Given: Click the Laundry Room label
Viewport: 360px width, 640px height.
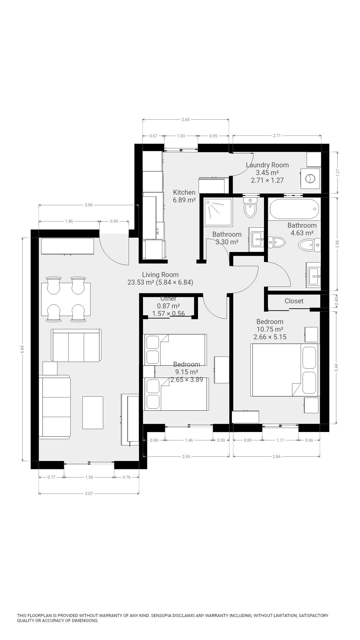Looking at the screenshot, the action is pos(267,165).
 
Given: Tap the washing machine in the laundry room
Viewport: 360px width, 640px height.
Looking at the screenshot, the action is pos(310,179).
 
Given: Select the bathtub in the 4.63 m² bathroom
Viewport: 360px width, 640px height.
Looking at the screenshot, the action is pos(294,209).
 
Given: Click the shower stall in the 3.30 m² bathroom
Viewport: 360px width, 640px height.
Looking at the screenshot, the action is pos(218,212).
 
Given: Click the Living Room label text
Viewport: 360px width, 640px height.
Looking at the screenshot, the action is pos(160,275).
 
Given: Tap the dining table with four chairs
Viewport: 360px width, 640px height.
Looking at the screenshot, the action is pos(66,299).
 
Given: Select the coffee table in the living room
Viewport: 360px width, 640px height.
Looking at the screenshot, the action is pos(93,412).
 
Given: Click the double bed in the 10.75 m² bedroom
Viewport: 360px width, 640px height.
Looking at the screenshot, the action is pos(285,370).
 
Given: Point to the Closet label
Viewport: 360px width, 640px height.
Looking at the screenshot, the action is pos(294,301).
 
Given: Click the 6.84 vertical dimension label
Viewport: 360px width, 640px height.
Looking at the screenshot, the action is pos(22,349).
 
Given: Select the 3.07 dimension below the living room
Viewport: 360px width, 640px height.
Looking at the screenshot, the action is pos(89,493).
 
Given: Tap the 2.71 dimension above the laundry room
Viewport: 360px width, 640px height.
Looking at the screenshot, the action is pos(277,136).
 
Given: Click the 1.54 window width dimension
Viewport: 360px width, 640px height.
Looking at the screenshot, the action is pos(89,477).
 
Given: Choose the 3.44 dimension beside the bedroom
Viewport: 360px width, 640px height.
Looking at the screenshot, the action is pos(337,368).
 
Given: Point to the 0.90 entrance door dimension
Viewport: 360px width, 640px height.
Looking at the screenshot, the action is pos(114,221).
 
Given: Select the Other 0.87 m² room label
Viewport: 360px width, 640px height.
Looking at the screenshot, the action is pos(168,306).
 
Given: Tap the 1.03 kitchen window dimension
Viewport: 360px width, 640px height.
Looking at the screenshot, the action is pos(181,136).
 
